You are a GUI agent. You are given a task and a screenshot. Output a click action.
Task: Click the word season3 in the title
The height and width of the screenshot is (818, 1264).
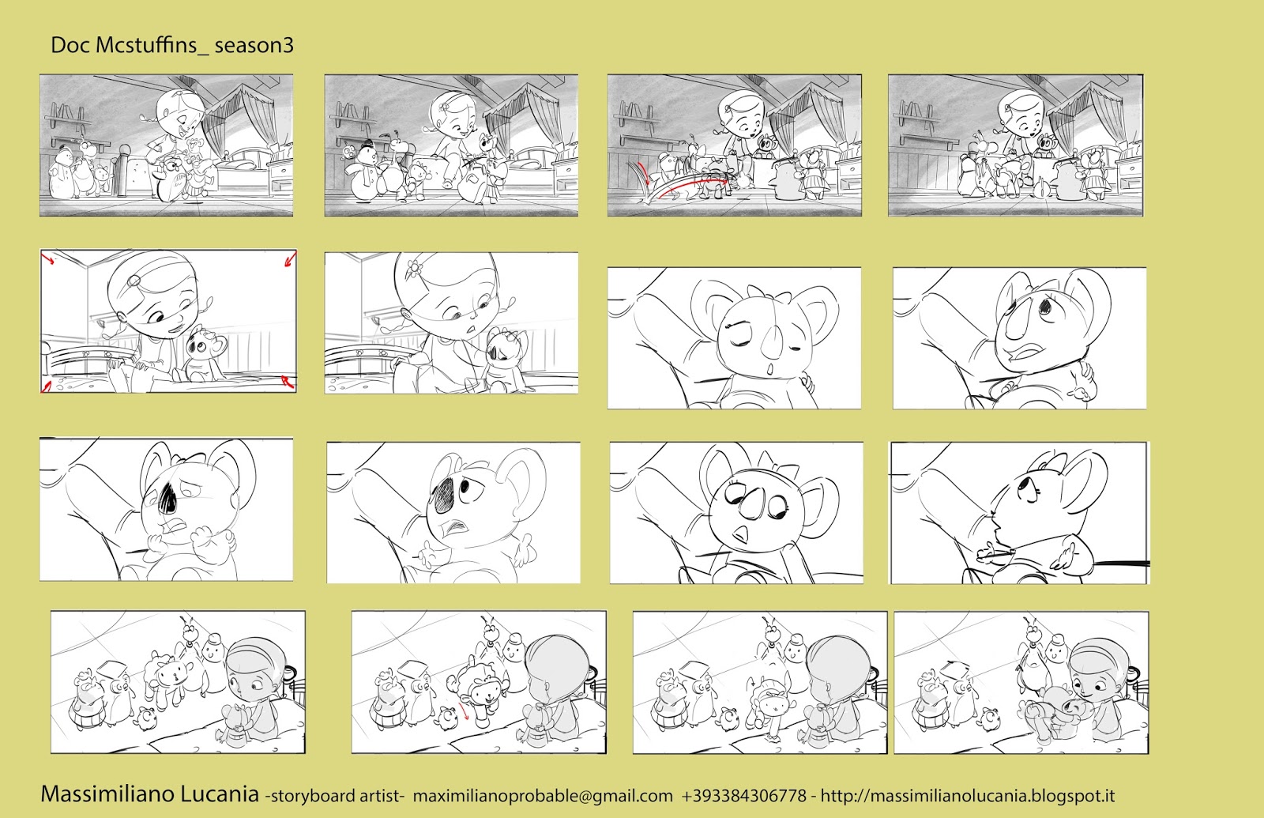pos(254,45)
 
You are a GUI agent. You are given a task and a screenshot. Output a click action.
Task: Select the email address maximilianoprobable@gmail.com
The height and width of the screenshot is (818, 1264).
pos(543,796)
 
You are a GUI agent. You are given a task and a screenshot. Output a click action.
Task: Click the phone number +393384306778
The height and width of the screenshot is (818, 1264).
pos(743,795)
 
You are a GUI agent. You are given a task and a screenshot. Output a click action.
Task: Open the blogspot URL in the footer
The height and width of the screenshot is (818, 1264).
pos(968,795)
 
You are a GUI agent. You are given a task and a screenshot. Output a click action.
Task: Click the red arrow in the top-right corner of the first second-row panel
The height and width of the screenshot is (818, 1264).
pos(290,259)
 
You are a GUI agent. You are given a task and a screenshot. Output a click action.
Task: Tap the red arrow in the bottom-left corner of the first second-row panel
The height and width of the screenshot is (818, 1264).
pos(47,386)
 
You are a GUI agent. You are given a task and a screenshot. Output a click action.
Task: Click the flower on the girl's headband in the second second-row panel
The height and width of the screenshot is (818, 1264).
pos(415,264)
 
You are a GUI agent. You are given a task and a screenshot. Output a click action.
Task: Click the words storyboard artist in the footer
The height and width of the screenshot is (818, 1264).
pos(335,796)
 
